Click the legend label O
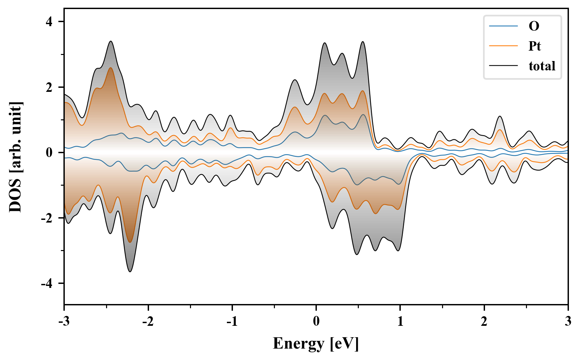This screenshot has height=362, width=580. [x=534, y=26]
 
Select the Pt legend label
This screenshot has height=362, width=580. [x=535, y=46]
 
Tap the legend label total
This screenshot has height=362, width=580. [x=542, y=66]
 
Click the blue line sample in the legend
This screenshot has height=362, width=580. [x=503, y=26]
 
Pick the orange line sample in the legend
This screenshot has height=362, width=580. [x=503, y=46]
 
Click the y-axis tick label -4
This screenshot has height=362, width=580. [x=47, y=284]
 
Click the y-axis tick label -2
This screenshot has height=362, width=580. [x=47, y=218]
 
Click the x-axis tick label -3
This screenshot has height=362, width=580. [x=64, y=321]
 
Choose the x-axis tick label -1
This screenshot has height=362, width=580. [x=232, y=321]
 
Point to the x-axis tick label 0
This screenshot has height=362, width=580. [x=316, y=321]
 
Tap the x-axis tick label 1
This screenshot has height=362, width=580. [x=400, y=321]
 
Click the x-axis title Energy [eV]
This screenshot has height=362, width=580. [x=316, y=344]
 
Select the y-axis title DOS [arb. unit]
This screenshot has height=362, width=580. [x=15, y=157]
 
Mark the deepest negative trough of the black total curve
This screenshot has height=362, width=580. [x=130, y=271]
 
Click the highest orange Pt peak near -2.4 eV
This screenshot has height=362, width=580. [x=111, y=68]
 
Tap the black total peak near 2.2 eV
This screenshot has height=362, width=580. [x=500, y=116]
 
